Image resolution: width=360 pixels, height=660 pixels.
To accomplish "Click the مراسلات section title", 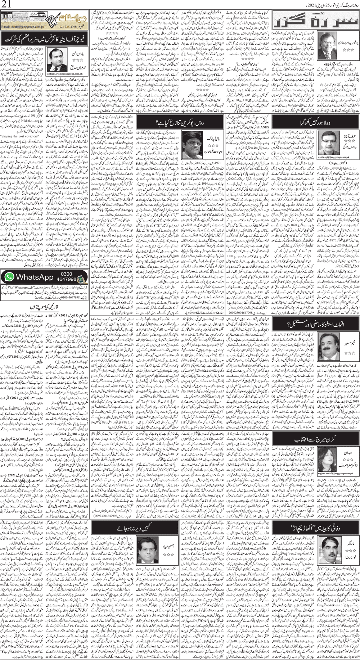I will [64, 17].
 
